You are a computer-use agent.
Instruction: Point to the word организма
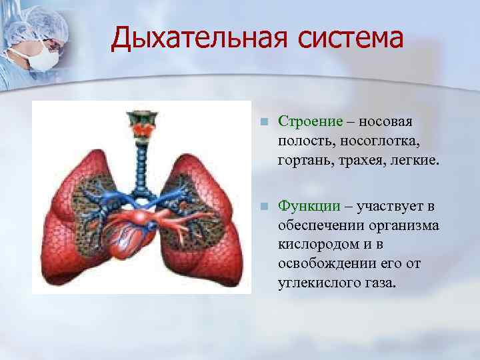pyautogui.click(x=407, y=225)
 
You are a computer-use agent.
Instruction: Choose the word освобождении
pyautogui.click(x=323, y=264)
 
